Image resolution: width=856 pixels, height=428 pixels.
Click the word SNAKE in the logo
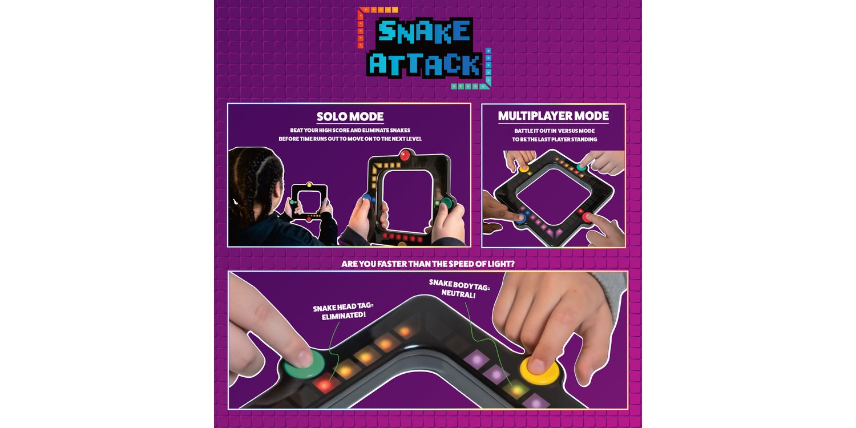(424, 31)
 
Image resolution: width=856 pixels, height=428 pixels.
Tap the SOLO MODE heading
(350, 116)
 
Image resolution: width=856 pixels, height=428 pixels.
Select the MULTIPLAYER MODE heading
(554, 116)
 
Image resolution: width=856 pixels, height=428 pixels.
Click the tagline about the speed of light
(428, 264)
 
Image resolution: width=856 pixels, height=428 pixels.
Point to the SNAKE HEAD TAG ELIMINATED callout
(343, 312)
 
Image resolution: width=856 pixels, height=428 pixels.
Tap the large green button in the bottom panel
(304, 364)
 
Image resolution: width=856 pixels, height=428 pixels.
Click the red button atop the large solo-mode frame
(405, 155)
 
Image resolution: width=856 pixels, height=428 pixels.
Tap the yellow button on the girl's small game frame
(309, 185)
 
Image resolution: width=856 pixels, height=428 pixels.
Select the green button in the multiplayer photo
(582, 167)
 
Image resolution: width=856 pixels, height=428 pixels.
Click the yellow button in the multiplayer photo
(523, 168)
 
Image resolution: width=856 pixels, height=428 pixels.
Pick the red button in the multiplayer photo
(586, 217)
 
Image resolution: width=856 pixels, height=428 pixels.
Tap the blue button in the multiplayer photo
(520, 219)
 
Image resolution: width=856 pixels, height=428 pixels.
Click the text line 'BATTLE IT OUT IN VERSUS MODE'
(554, 131)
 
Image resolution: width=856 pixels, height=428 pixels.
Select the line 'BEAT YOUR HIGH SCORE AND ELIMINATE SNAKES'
(350, 130)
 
